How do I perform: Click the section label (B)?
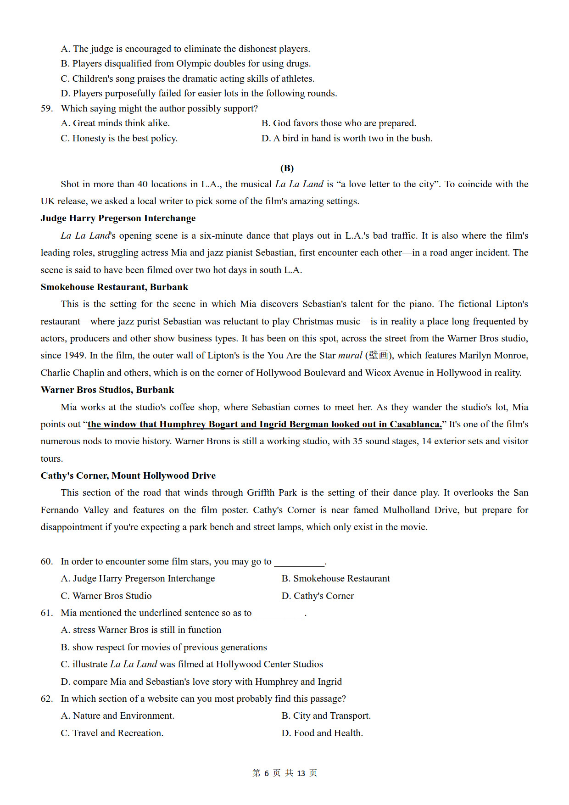click(x=287, y=168)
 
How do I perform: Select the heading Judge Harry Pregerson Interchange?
click(x=118, y=218)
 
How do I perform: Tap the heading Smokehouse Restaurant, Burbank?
click(x=114, y=287)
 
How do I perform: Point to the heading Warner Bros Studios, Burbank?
click(x=107, y=390)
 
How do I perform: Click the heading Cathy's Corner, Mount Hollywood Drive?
click(x=128, y=475)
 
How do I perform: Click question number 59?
click(x=47, y=108)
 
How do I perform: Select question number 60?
click(x=47, y=561)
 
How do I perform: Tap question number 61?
click(x=47, y=613)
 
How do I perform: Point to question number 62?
click(x=47, y=699)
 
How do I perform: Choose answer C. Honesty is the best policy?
click(x=119, y=138)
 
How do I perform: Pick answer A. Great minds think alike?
click(x=115, y=123)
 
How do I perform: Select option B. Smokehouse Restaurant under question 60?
click(x=335, y=578)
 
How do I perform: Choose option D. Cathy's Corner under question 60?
click(x=318, y=596)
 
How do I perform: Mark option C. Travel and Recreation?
click(x=112, y=733)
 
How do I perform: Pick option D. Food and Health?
click(x=322, y=733)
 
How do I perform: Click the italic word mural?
click(x=350, y=355)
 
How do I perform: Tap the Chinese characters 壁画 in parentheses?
click(x=379, y=355)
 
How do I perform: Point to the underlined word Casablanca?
click(x=415, y=424)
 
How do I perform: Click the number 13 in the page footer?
click(x=301, y=773)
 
